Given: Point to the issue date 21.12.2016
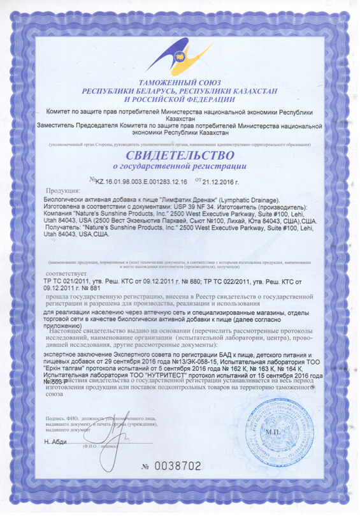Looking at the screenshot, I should click(231, 181).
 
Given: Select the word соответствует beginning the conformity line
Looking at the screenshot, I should click(62, 270).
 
